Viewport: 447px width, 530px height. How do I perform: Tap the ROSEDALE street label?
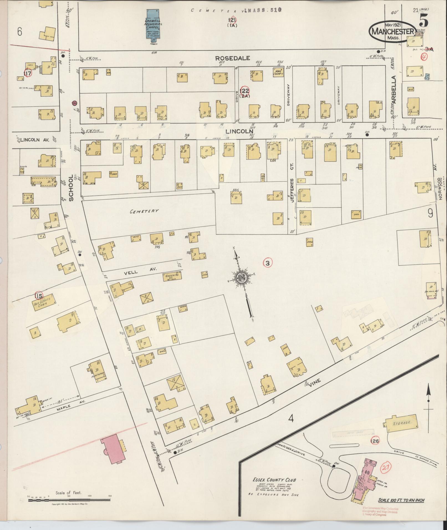tap(233, 58)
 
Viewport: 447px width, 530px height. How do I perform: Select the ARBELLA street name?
tap(394, 89)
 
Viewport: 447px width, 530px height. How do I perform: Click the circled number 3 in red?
tap(267, 263)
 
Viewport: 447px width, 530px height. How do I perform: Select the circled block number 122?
tap(245, 91)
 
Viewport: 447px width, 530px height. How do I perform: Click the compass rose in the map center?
tap(241, 277)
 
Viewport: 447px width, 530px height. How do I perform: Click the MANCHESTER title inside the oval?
tap(393, 31)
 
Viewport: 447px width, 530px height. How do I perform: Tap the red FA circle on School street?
tap(74, 103)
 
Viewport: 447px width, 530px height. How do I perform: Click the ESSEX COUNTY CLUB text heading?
tap(274, 480)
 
